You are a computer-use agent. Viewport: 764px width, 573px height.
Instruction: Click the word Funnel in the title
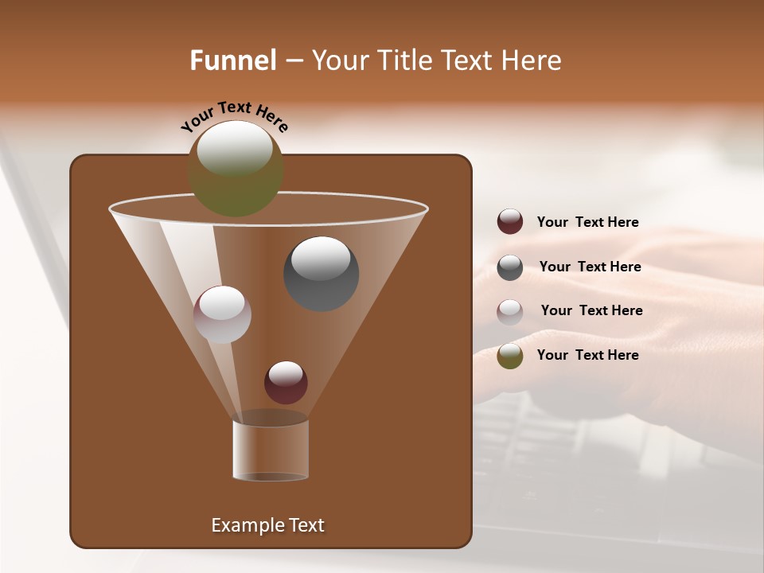tap(232, 60)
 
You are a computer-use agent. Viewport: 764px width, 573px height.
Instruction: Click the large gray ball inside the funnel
tap(322, 274)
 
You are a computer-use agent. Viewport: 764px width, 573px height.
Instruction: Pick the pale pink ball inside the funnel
tap(222, 314)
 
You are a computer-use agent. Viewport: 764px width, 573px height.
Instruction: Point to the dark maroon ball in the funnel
tap(286, 383)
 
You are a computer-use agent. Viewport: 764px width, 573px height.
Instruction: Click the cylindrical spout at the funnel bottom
tap(271, 450)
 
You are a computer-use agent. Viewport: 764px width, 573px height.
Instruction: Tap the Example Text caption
tap(267, 525)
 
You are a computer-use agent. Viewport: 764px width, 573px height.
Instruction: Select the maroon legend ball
tap(510, 222)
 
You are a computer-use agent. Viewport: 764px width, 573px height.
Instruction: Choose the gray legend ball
tap(510, 267)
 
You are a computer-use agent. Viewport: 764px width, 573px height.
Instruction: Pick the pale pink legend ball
tap(510, 311)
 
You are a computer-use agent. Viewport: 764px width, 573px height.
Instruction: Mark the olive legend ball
tap(510, 356)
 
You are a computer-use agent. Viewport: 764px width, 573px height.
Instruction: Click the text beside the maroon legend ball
tap(587, 223)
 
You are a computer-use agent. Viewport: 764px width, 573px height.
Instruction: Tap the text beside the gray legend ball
tap(590, 267)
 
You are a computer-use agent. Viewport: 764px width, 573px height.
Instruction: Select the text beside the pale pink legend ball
tap(591, 311)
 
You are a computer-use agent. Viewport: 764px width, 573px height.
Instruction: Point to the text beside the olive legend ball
tap(587, 356)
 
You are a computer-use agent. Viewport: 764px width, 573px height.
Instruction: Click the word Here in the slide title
tap(530, 60)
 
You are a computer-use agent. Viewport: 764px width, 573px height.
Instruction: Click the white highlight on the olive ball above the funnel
tap(235, 148)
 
